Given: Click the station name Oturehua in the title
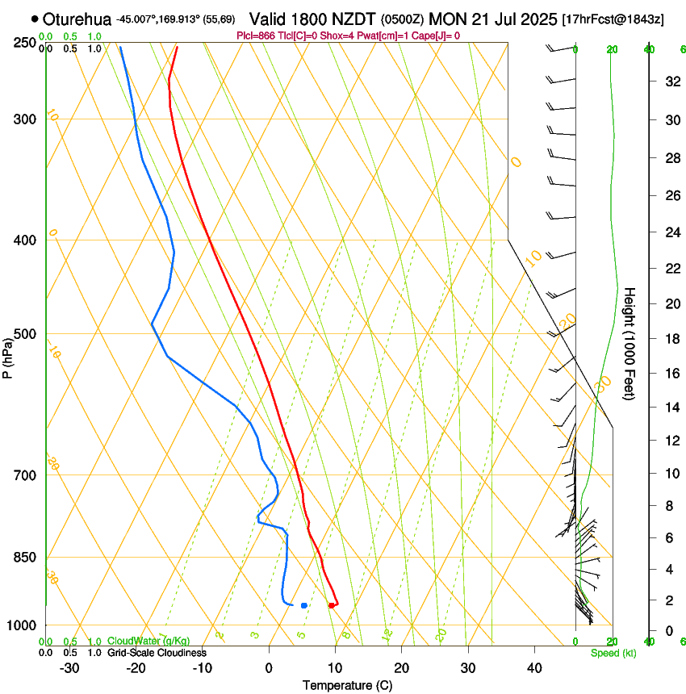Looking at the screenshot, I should coord(77,19).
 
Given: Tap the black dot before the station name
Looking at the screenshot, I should coord(35,19).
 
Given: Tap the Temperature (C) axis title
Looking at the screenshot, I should coord(347,685).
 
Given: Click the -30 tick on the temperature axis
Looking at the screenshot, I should coord(69,668).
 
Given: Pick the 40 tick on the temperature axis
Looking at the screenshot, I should coord(533,668).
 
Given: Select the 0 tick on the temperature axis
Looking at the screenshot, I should coord(270,668).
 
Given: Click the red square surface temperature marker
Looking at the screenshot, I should coord(332,604).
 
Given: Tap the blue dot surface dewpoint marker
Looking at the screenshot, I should coord(303,604).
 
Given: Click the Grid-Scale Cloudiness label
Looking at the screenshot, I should coord(157,652).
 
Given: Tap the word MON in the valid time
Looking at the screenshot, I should coord(445,19).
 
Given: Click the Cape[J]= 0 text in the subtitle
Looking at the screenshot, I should coord(437,36).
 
